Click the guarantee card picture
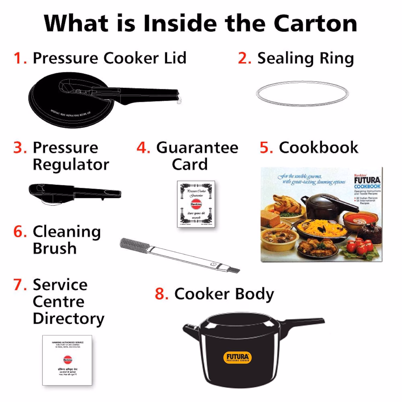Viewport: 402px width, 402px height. click(x=196, y=204)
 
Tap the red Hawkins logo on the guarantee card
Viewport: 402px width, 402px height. click(x=196, y=204)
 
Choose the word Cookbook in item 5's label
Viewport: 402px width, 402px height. click(x=318, y=147)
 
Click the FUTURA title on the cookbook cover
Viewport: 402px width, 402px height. click(x=367, y=180)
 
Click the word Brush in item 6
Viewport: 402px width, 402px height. click(x=55, y=248)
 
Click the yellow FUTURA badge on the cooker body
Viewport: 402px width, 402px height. click(x=238, y=357)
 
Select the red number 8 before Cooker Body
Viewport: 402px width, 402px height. click(x=162, y=294)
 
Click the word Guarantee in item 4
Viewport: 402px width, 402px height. click(x=197, y=148)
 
